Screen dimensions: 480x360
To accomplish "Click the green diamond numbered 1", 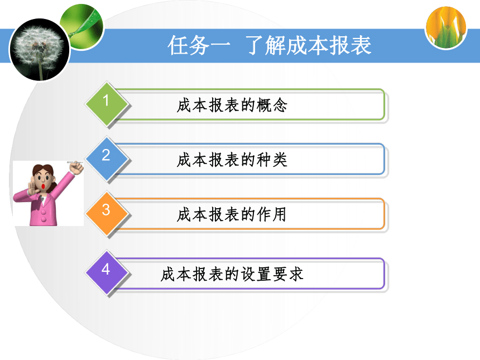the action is click(x=106, y=103).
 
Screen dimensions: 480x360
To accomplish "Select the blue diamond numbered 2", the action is click(x=106, y=159).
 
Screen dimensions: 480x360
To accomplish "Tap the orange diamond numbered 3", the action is click(x=106, y=213).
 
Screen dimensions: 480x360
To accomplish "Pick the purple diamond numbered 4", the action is click(x=106, y=272).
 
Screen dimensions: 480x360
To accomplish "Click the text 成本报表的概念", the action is click(x=232, y=105).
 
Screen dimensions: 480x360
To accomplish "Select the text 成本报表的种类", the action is click(x=232, y=160).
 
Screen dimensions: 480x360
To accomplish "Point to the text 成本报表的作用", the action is click(x=232, y=214).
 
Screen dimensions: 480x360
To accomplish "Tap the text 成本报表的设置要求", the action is click(x=232, y=274).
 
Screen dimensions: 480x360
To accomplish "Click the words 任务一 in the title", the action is click(x=199, y=45).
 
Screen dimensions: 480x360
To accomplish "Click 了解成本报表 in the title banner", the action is click(x=309, y=45).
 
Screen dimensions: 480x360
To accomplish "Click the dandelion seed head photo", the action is click(x=40, y=50).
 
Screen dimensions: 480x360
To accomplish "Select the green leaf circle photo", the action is click(x=82, y=26).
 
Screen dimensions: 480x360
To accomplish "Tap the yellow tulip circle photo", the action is click(x=446, y=28).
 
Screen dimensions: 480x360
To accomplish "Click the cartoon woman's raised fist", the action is click(x=76, y=168).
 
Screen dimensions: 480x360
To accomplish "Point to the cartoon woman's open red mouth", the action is click(x=44, y=186).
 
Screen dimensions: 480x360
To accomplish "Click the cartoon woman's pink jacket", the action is click(x=43, y=208).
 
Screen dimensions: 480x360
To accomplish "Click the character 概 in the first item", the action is click(x=264, y=105).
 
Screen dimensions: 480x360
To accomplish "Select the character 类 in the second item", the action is click(x=280, y=160).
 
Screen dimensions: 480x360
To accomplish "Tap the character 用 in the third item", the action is click(x=280, y=214).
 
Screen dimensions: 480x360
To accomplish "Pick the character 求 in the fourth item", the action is click(x=296, y=274).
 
